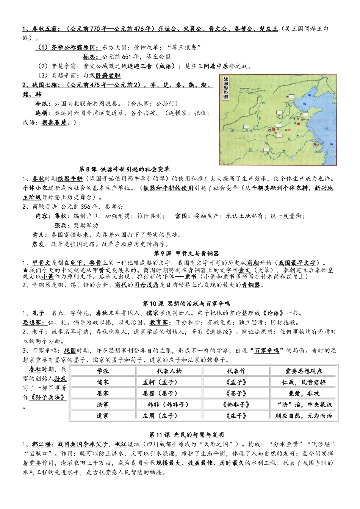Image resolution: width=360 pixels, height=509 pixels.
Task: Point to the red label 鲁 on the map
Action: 298,123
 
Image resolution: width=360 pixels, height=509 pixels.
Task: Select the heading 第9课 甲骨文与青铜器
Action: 186,254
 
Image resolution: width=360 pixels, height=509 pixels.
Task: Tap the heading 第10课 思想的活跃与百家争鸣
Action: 186,304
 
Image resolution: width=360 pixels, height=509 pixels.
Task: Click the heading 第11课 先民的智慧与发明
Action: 186,434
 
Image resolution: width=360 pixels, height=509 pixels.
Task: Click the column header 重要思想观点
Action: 304,371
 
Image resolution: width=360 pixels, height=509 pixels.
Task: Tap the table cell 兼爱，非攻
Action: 304,393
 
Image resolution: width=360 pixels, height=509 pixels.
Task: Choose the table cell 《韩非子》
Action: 236,404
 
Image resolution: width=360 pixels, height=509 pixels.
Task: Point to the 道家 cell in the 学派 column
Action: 103,415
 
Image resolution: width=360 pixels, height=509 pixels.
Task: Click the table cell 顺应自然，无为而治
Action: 304,415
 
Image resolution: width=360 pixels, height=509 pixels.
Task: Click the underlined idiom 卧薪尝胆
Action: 108,75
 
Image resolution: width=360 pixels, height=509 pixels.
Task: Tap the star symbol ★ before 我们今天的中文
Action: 25,270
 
